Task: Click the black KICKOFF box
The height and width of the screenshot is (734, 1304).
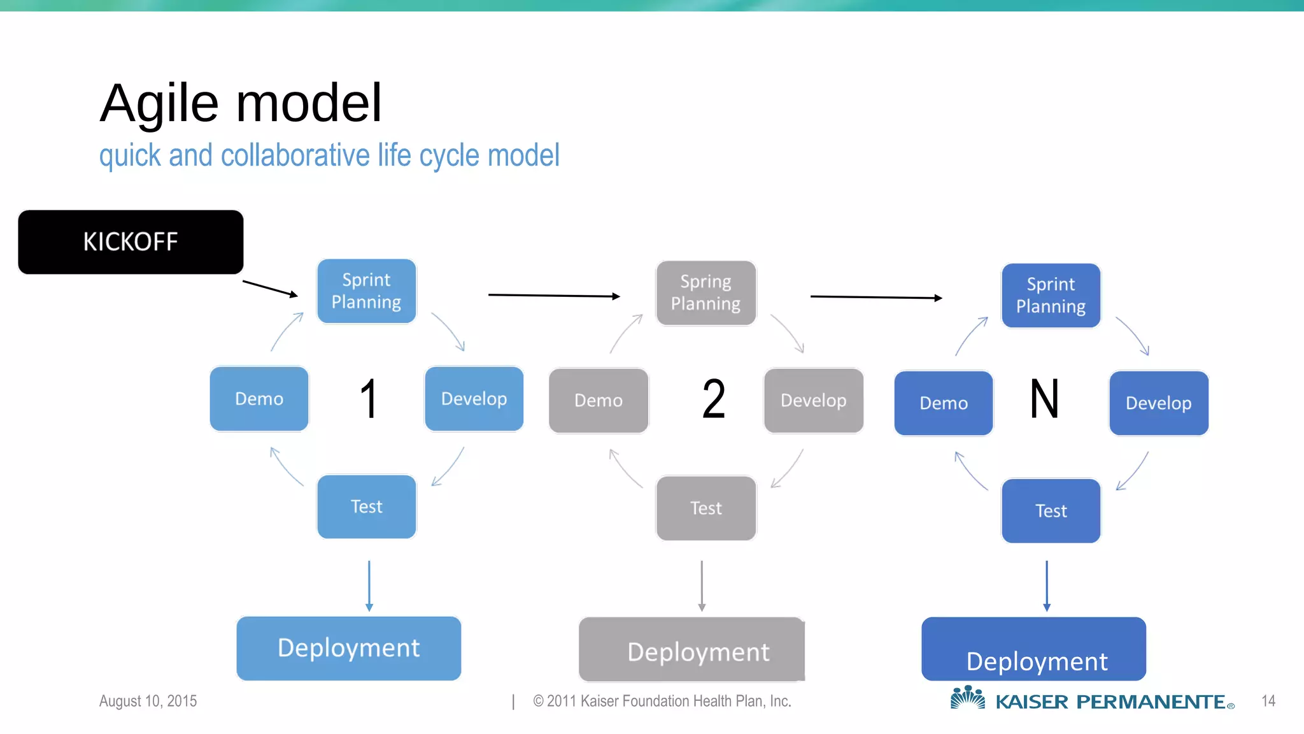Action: click(131, 242)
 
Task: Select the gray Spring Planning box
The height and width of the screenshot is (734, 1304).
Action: click(705, 293)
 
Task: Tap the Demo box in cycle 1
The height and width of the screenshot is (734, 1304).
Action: click(259, 399)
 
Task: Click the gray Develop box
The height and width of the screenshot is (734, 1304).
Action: click(813, 401)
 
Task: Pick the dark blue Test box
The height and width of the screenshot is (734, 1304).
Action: click(1051, 511)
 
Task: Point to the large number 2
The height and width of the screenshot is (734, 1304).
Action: click(714, 399)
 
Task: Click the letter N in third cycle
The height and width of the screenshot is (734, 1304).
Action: click(1044, 399)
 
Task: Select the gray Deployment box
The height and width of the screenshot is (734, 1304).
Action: click(691, 650)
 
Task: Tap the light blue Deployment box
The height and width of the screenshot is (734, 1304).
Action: click(348, 648)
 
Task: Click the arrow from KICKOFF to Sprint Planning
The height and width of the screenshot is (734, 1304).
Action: click(270, 289)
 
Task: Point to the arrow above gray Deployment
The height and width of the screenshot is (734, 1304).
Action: click(702, 586)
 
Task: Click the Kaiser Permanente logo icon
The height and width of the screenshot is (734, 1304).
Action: click(967, 698)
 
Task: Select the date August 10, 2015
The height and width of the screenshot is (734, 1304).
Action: click(148, 701)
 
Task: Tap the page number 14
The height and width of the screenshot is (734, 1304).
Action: click(1268, 701)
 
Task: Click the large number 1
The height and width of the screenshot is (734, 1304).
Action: click(369, 399)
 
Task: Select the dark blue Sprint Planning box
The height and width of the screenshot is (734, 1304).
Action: click(1051, 296)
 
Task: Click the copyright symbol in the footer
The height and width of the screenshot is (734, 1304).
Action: click(539, 701)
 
